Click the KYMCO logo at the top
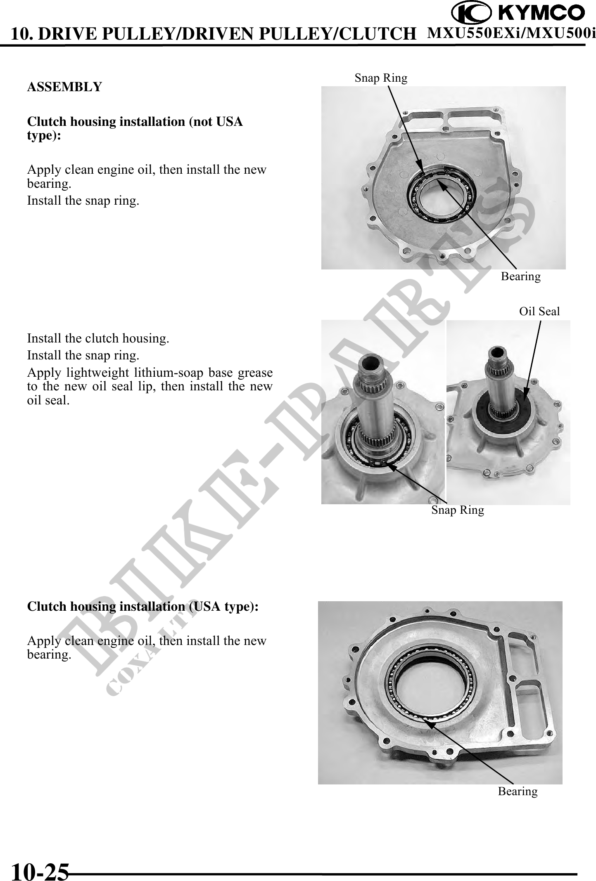tap(518, 13)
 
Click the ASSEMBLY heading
tap(64, 87)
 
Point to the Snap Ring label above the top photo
tap(381, 78)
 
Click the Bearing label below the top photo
tap(520, 276)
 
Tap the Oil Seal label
tap(539, 311)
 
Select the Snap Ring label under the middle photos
tap(458, 510)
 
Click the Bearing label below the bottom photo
tap(518, 791)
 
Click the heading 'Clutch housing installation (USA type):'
tap(142, 607)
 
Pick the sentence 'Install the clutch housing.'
tap(98, 338)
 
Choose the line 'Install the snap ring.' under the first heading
tap(83, 201)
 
